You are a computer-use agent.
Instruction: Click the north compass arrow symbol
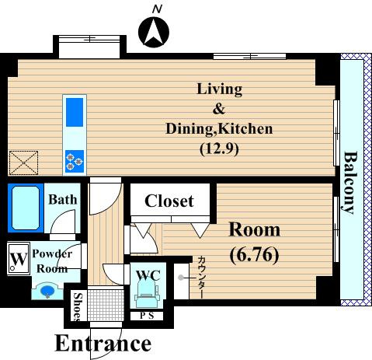[154, 33]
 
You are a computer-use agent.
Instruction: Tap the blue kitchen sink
[75, 112]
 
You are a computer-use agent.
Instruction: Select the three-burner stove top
[75, 161]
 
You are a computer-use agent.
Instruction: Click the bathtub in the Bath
[26, 208]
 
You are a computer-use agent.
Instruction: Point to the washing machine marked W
[19, 258]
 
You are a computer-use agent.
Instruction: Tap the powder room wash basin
[47, 291]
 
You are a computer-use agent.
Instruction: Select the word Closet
[169, 201]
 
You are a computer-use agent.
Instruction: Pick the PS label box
[147, 316]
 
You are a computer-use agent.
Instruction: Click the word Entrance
[103, 343]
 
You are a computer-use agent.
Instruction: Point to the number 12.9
[219, 149]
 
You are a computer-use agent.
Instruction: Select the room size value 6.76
[255, 255]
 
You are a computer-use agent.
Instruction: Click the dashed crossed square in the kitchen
[23, 163]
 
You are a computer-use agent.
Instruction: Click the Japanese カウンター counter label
[202, 277]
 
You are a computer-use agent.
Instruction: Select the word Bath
[63, 200]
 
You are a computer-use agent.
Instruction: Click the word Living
[220, 89]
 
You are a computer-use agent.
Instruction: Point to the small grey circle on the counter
[181, 278]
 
